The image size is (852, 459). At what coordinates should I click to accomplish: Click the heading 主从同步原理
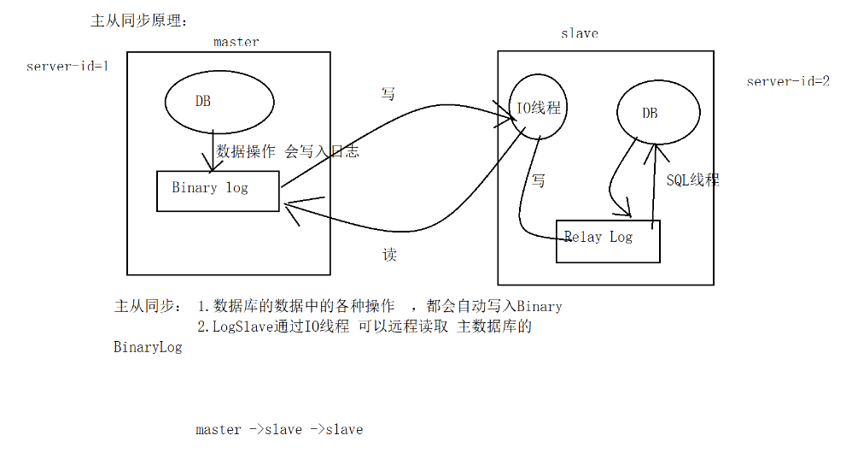[137, 20]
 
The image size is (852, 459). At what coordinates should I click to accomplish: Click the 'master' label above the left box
[236, 41]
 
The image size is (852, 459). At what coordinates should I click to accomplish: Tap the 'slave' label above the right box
[579, 33]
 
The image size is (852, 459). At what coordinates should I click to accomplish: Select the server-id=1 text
[67, 66]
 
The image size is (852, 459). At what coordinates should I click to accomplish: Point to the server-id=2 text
[788, 82]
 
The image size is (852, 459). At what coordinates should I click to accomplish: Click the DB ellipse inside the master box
[219, 101]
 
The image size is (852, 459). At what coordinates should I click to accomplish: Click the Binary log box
[218, 190]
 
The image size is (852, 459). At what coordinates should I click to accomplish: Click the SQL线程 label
[692, 179]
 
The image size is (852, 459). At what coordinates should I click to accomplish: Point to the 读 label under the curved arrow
[388, 255]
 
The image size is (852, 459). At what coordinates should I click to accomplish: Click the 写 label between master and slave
[388, 93]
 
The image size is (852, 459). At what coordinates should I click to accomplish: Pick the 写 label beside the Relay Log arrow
[539, 180]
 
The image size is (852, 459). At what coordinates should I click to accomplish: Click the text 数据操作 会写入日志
[288, 151]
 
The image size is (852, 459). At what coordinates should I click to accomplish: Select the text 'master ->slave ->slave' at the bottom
[279, 429]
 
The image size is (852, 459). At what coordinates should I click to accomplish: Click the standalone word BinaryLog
[148, 348]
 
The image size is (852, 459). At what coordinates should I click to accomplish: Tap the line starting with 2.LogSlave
[365, 327]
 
